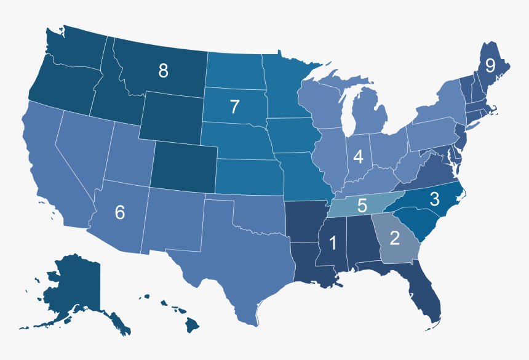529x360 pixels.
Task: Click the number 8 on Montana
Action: pos(163,71)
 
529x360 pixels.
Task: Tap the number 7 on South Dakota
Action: pos(234,106)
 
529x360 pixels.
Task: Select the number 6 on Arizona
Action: pos(120,212)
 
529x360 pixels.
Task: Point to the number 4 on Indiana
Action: pos(359,157)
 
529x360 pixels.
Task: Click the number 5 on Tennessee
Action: pos(362,205)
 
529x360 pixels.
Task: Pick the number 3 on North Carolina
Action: pos(434,199)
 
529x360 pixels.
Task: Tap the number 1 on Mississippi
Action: pos(333,243)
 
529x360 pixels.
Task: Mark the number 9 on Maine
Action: pos(490,65)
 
